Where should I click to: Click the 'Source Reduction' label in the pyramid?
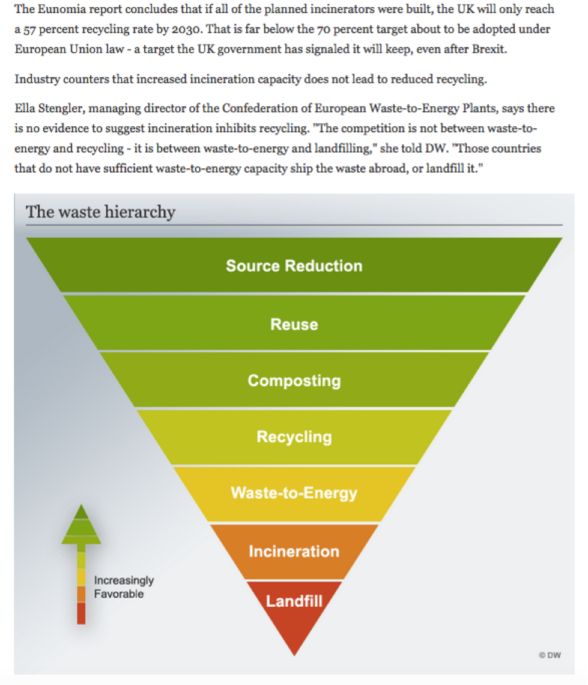[x=294, y=266]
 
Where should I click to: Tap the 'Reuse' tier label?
[x=294, y=324]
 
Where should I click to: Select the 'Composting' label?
[x=294, y=381]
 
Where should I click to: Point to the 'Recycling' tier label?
[x=294, y=437]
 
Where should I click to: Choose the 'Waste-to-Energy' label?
[x=294, y=493]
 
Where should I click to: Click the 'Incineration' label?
[x=294, y=551]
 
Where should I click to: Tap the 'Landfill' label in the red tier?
[x=294, y=601]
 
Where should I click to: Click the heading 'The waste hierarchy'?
[x=100, y=212]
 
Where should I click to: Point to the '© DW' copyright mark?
[x=550, y=655]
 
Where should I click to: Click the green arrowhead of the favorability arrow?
[x=81, y=525]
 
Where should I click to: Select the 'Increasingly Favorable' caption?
[x=124, y=587]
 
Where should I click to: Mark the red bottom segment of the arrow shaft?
[x=81, y=613]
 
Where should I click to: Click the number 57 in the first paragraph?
[x=29, y=29]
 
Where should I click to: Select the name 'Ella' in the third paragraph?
[x=25, y=108]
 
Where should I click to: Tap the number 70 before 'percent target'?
[x=323, y=29]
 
